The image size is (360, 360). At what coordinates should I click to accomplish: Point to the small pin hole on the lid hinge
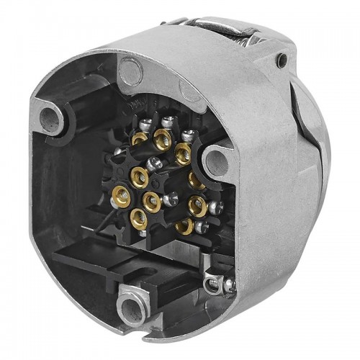point(282,59)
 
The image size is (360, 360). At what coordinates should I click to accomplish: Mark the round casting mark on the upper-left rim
point(130,70)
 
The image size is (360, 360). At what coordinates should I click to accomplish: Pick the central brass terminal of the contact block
point(151,200)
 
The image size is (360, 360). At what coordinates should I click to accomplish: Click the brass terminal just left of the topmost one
point(140,139)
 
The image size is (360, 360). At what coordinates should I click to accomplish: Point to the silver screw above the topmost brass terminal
point(167,121)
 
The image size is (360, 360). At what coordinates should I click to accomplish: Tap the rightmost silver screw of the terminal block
point(216,207)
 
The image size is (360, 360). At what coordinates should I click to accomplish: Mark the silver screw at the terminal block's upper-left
point(146,124)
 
